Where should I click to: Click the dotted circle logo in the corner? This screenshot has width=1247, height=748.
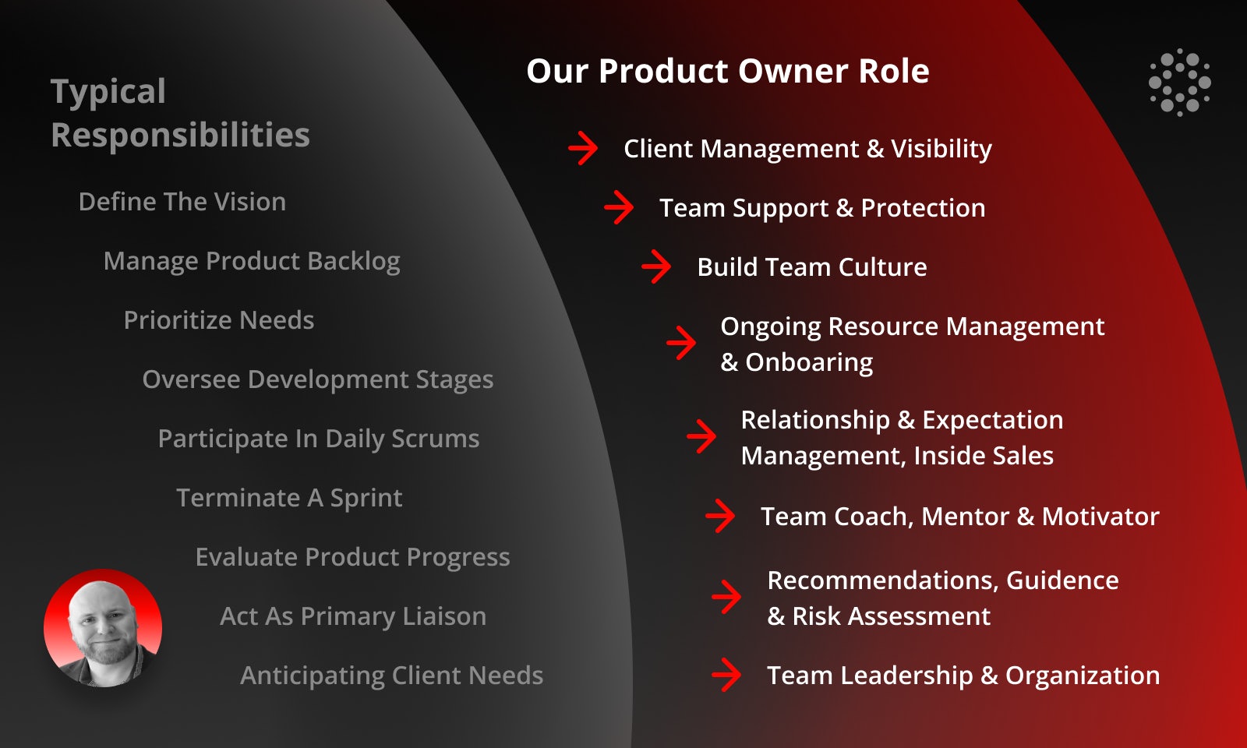(x=1180, y=83)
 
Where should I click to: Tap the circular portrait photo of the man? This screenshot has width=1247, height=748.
(x=103, y=628)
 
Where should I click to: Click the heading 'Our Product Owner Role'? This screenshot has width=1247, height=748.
(x=728, y=71)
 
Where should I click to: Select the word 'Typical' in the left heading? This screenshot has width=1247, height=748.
(x=108, y=91)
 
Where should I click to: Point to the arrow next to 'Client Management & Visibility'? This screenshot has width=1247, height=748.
(x=583, y=148)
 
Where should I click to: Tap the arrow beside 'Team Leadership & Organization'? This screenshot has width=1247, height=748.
(x=726, y=675)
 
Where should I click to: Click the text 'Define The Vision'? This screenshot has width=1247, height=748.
(x=182, y=202)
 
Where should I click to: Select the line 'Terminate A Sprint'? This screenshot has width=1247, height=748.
(x=289, y=498)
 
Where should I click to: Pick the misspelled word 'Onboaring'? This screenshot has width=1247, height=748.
(x=809, y=363)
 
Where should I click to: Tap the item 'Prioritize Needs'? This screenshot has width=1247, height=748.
(x=219, y=320)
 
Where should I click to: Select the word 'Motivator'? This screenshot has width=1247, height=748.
(x=1100, y=517)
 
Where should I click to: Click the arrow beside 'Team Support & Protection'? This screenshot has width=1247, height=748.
(x=619, y=207)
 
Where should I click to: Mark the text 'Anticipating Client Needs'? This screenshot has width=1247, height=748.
(x=391, y=676)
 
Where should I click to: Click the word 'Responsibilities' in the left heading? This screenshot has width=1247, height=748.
(x=180, y=136)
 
